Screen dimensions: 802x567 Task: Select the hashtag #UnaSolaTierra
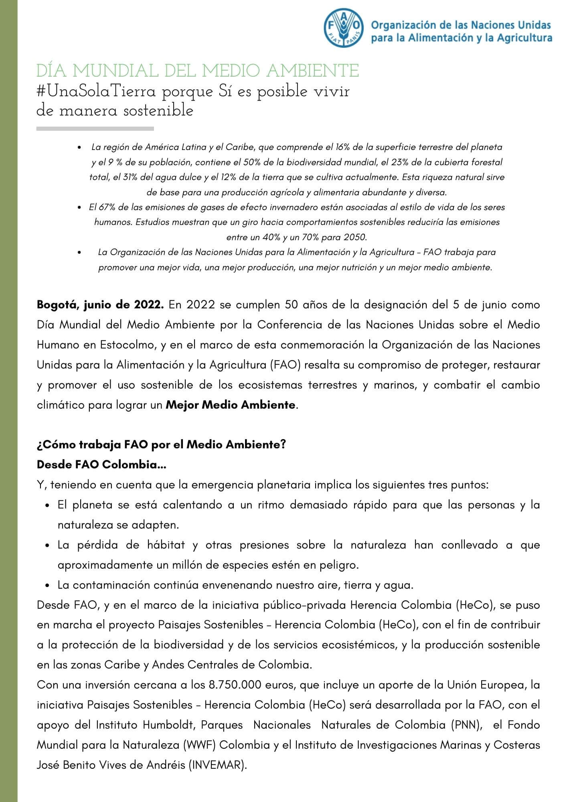coord(96,92)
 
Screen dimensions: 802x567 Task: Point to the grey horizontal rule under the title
coord(95,129)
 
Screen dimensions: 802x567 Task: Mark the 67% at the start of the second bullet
coord(104,207)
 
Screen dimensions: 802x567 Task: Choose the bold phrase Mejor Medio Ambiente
coord(231,405)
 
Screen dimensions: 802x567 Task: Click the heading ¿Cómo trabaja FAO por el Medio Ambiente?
coord(161,445)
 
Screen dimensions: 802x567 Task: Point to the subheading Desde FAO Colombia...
coord(101,465)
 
